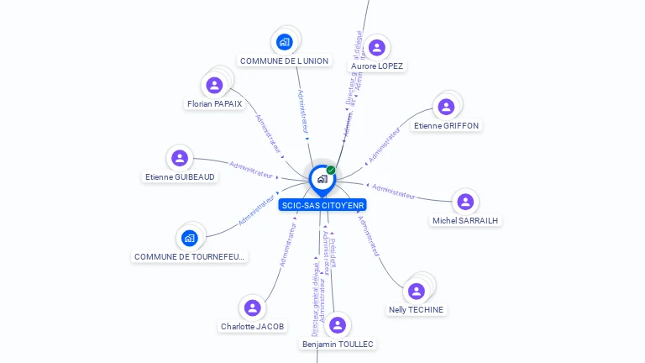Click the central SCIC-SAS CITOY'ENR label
[322, 205]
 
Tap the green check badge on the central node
[331, 171]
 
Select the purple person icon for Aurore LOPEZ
[376, 48]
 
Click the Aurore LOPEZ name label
[377, 66]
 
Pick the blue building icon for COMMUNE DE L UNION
[284, 42]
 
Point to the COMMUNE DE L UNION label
[284, 60]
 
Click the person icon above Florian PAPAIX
[214, 85]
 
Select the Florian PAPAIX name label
[214, 104]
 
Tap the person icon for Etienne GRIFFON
[446, 107]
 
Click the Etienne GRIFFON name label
[446, 125]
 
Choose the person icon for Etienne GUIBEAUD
[180, 158]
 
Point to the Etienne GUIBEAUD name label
[180, 176]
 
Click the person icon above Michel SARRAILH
[465, 202]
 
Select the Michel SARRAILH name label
[465, 220]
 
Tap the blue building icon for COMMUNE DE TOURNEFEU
[190, 238]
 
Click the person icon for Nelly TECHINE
[416, 292]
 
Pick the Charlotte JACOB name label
[253, 326]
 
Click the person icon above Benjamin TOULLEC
[338, 325]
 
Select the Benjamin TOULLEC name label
[338, 344]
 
